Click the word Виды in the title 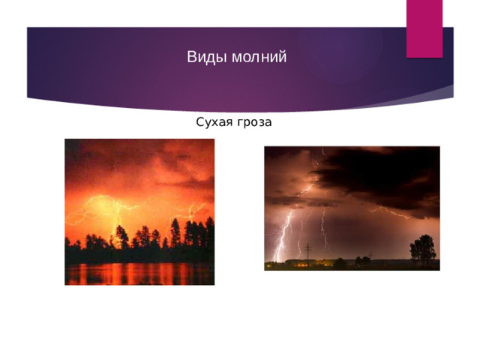202,58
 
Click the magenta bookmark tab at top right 424,28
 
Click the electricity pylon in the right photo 307,250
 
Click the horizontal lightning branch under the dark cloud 390,212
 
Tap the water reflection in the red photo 139,274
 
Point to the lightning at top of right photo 319,161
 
